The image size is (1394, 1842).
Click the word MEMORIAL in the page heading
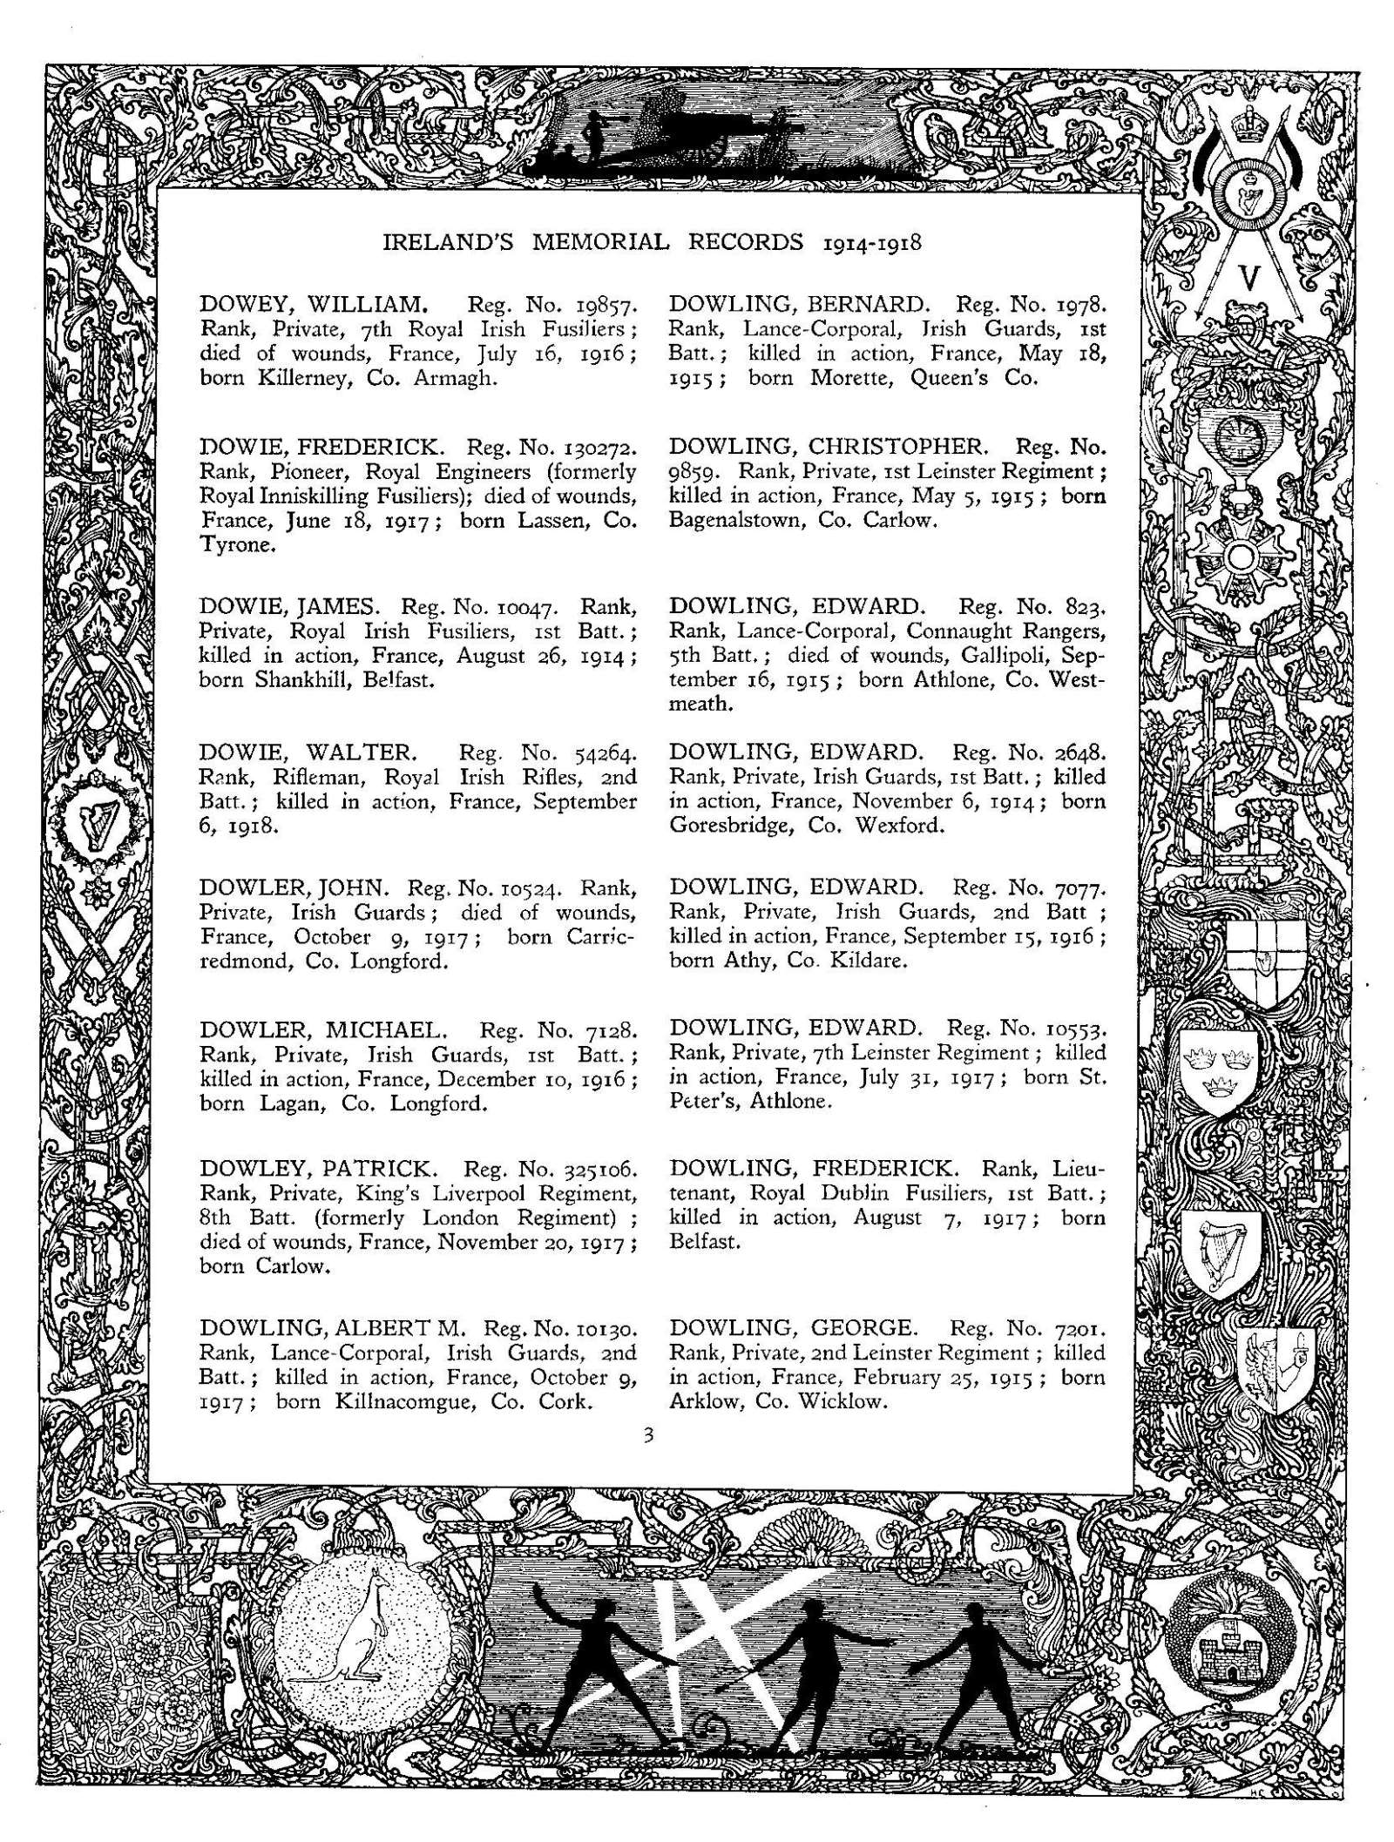pyautogui.click(x=600, y=243)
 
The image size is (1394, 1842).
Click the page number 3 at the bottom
pyautogui.click(x=647, y=1436)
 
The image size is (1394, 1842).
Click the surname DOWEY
pyautogui.click(x=240, y=305)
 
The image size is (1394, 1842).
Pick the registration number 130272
pyautogui.click(x=597, y=448)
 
